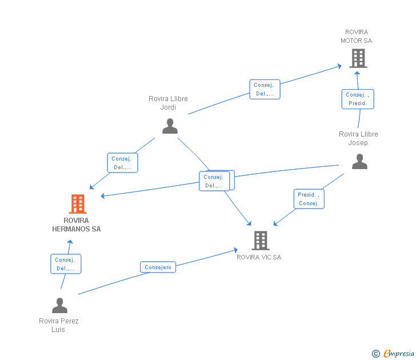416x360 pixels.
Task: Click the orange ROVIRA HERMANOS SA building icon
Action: pyautogui.click(x=78, y=203)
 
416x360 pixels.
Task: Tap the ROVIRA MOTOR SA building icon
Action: pyautogui.click(x=358, y=58)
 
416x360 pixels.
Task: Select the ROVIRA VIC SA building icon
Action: pyautogui.click(x=261, y=241)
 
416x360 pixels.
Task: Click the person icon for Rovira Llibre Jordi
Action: pyautogui.click(x=170, y=126)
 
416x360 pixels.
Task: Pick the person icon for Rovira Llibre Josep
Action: pyautogui.click(x=359, y=162)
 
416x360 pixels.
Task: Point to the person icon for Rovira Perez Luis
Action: pyautogui.click(x=59, y=306)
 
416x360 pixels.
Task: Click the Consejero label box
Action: pyautogui.click(x=158, y=267)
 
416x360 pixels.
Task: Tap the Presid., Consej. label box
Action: pyautogui.click(x=309, y=199)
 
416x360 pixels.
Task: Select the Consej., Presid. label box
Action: pyautogui.click(x=358, y=99)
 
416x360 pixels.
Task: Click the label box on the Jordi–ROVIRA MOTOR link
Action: pyautogui.click(x=265, y=89)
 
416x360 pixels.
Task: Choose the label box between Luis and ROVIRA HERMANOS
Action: pyautogui.click(x=66, y=264)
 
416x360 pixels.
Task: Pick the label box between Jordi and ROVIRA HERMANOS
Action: pyautogui.click(x=122, y=163)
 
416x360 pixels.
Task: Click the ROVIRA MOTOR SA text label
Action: pyautogui.click(x=357, y=37)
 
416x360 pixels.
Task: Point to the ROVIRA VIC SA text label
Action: pyautogui.click(x=259, y=257)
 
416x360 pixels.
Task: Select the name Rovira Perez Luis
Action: pyautogui.click(x=59, y=325)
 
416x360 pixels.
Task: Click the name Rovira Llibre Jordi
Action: pyautogui.click(x=168, y=103)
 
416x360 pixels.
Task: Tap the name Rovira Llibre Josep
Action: pyautogui.click(x=358, y=138)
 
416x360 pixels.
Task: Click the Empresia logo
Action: pyautogui.click(x=399, y=353)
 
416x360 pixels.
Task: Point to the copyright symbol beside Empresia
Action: pyautogui.click(x=375, y=354)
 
